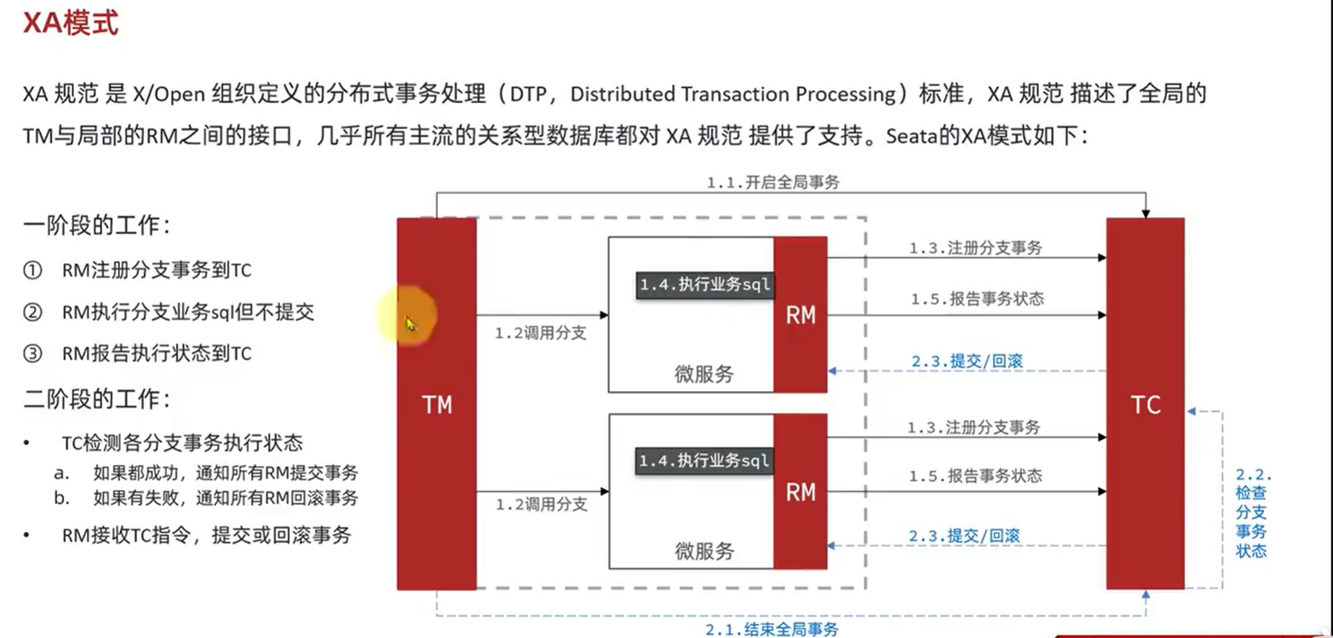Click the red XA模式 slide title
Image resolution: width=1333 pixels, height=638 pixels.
70,23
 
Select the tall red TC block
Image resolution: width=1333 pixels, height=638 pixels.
1145,404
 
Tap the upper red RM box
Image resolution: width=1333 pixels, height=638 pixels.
800,315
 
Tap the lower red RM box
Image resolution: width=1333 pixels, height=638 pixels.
800,492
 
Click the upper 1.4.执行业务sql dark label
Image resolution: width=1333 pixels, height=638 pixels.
704,285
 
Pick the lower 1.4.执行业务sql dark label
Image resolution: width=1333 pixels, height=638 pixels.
704,461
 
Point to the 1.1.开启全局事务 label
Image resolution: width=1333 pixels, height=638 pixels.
773,182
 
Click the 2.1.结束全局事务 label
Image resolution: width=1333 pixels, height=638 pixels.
771,629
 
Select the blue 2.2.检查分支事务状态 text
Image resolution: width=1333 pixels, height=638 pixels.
1251,513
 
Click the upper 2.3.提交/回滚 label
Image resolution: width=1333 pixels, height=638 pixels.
967,361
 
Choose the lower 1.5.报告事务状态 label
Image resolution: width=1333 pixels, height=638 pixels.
975,476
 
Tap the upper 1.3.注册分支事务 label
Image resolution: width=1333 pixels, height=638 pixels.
975,248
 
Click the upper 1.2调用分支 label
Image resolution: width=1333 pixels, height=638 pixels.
540,333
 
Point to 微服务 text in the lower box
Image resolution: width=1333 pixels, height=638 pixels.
704,552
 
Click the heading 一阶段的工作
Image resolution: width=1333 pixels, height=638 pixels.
97,225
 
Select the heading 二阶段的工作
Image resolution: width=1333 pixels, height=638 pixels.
97,399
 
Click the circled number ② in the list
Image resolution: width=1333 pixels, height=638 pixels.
32,312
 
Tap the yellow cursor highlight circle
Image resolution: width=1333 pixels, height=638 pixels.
407,315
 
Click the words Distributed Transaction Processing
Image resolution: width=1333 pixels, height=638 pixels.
732,94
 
